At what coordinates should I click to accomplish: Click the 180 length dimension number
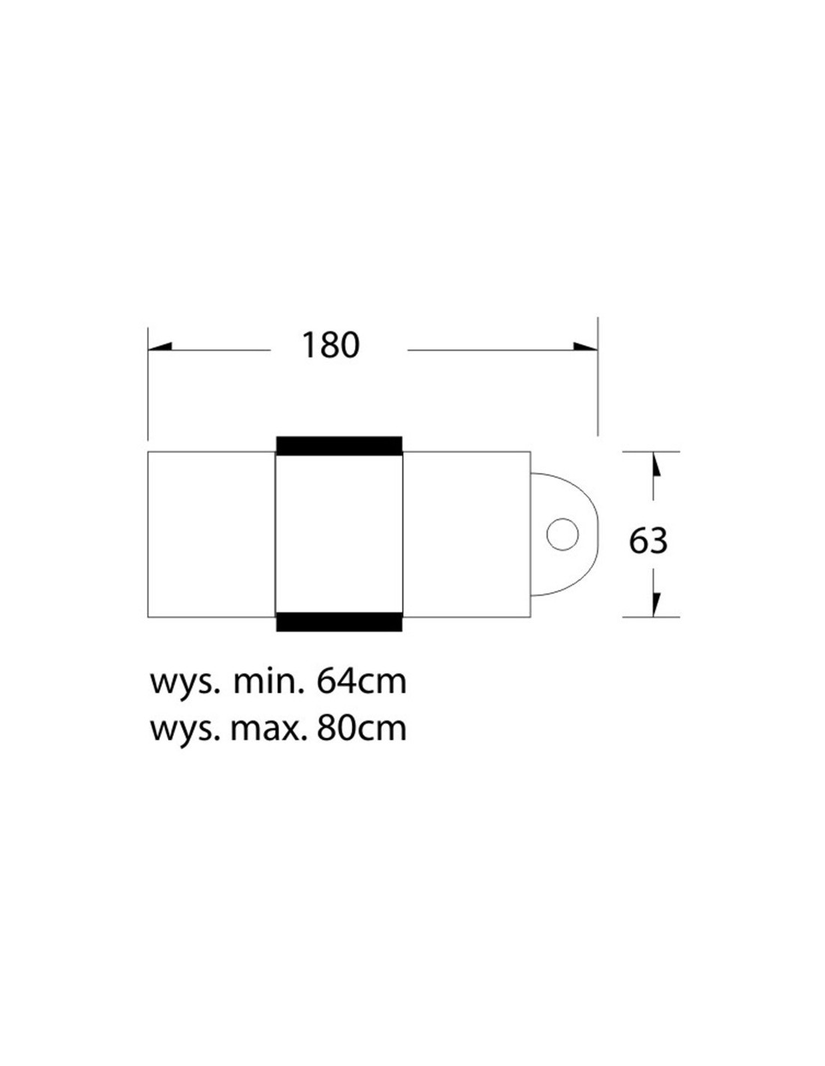[330, 346]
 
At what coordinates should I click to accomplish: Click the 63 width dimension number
[648, 540]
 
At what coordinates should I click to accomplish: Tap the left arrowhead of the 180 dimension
[160, 347]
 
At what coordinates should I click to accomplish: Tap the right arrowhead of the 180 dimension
[585, 347]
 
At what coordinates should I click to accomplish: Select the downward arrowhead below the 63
[655, 603]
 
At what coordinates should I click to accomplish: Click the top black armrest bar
[340, 445]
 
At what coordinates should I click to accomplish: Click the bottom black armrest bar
[340, 621]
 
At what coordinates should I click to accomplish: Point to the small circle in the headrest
[562, 534]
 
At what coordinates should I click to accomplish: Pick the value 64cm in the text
[361, 682]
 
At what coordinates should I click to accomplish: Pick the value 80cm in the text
[361, 728]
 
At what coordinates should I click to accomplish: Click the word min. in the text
[268, 682]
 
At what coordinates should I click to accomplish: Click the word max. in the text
[268, 728]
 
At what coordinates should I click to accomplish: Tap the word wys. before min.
[184, 684]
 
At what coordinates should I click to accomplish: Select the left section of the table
[211, 534]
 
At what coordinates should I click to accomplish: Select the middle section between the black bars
[340, 534]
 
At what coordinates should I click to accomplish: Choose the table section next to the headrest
[467, 534]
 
